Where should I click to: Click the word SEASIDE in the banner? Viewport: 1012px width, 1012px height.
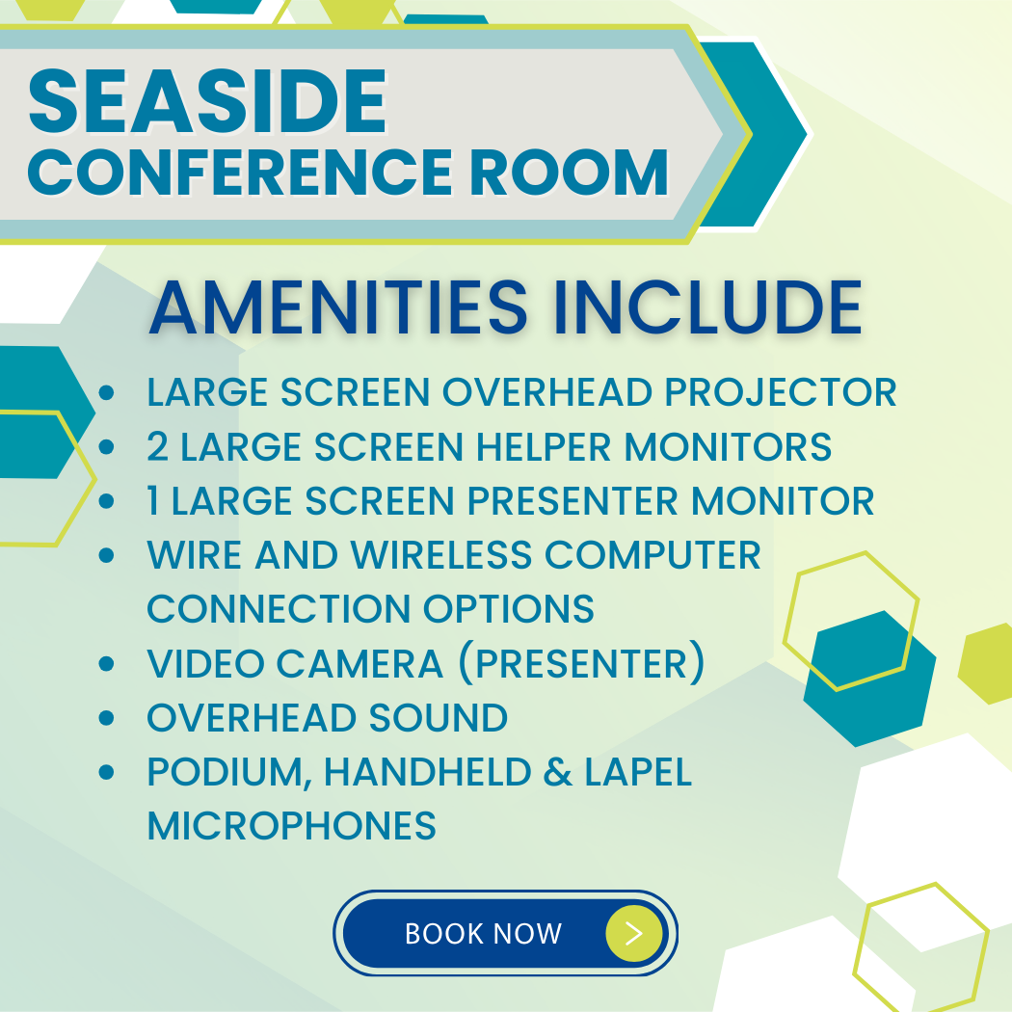tap(208, 101)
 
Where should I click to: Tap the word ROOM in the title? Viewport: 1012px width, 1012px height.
tap(569, 172)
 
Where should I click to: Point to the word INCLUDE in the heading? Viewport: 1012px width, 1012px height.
tap(708, 307)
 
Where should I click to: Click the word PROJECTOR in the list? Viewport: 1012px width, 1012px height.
tap(781, 392)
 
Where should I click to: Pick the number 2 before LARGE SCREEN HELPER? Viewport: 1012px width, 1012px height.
tap(158, 446)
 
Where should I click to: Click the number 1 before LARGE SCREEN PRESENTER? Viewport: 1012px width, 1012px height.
tap(153, 501)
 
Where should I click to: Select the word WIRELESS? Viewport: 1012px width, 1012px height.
tap(441, 555)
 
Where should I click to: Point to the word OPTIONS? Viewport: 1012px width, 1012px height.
tap(509, 608)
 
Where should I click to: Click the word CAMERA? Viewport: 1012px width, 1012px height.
tap(360, 663)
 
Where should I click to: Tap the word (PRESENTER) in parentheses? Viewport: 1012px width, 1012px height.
tap(581, 663)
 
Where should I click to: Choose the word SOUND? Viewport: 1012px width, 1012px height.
tap(439, 718)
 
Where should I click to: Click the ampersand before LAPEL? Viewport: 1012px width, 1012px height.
tap(558, 772)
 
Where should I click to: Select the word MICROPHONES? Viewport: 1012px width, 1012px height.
tap(292, 826)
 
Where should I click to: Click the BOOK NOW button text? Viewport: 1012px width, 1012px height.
tap(484, 934)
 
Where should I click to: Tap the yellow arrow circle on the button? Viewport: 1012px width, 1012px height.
tap(634, 933)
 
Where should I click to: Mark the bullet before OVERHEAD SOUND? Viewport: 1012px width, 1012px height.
tap(106, 718)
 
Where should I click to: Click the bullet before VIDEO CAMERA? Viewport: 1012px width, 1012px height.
tap(106, 663)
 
